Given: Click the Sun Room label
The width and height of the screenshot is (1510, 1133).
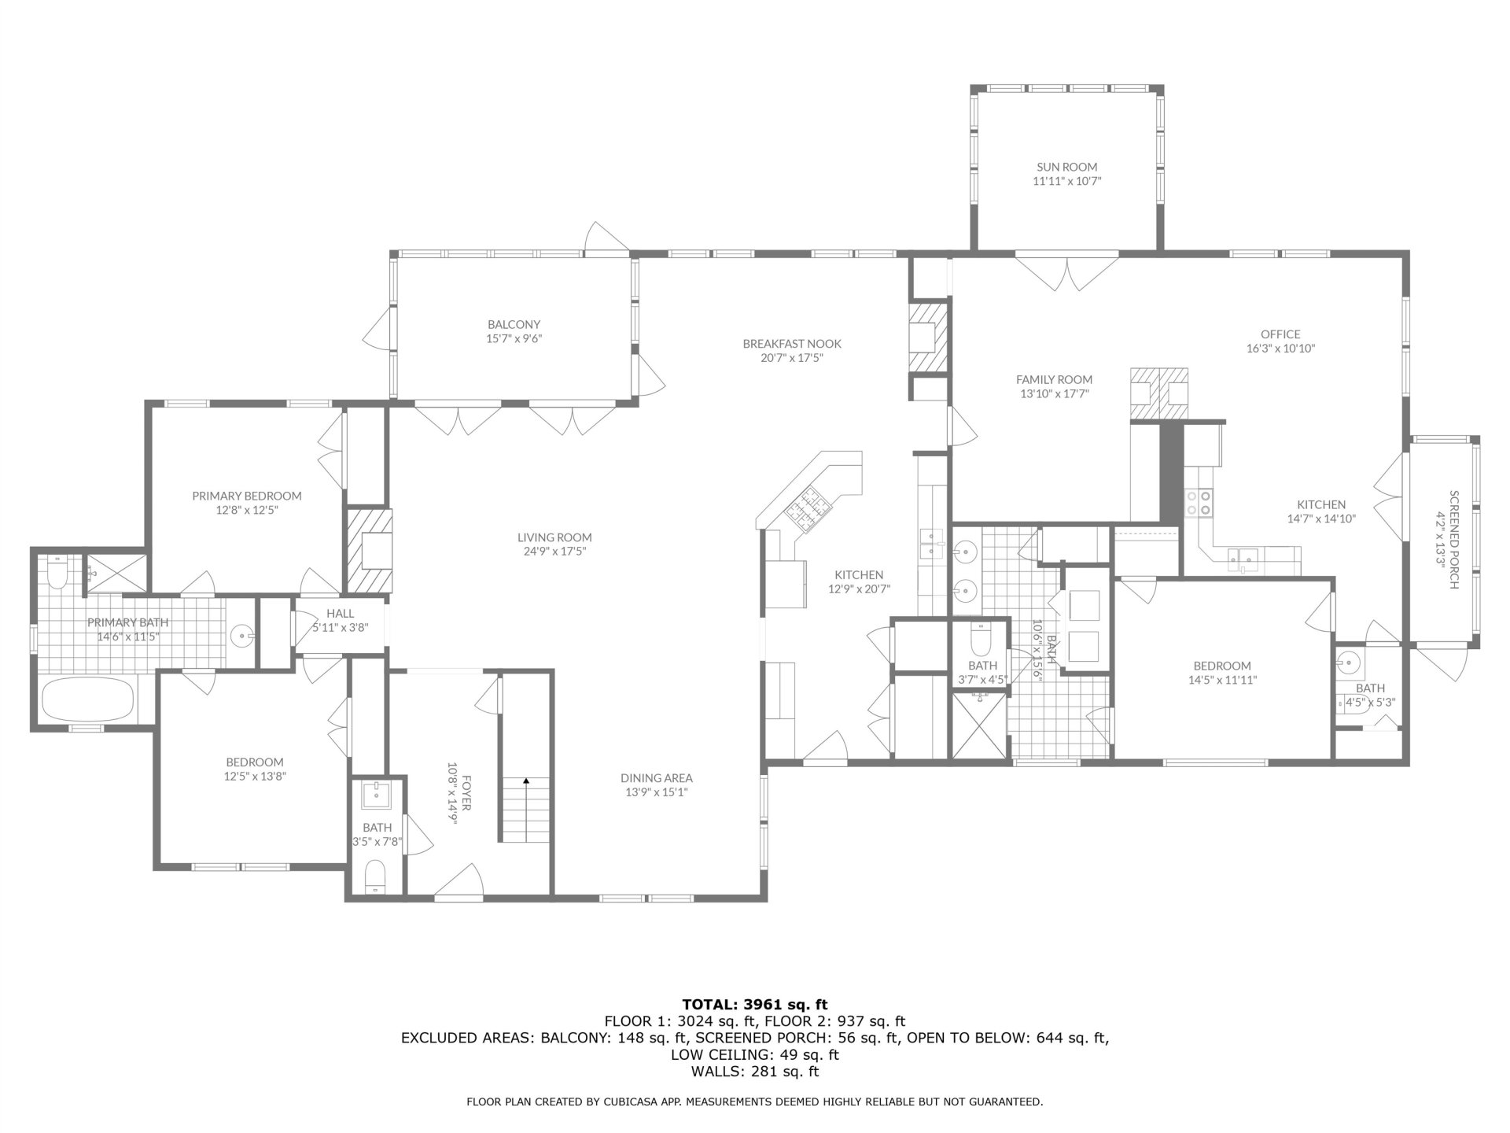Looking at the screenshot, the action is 1066,167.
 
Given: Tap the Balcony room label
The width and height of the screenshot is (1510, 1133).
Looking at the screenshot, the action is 514,324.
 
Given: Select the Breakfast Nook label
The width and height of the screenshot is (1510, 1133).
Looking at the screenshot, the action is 792,343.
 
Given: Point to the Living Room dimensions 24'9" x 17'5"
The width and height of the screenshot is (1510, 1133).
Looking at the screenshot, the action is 554,552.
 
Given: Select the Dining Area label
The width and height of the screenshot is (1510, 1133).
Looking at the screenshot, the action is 656,778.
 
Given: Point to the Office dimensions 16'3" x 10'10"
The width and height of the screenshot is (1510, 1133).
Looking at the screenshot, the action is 1280,348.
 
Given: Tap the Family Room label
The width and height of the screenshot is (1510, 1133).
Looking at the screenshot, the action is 1054,379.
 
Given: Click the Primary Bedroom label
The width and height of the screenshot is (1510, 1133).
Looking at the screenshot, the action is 247,496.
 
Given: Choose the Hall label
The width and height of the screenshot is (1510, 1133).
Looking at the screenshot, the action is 340,614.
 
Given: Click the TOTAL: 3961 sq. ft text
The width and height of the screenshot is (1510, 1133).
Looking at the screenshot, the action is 755,1004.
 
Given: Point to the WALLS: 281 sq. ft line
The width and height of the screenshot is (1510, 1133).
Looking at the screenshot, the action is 755,1072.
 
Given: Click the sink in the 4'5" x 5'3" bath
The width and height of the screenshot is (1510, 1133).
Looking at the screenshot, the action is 1348,662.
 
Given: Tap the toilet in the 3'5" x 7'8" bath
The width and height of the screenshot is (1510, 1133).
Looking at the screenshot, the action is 376,877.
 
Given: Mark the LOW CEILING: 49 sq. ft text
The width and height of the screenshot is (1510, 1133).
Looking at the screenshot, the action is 755,1054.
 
